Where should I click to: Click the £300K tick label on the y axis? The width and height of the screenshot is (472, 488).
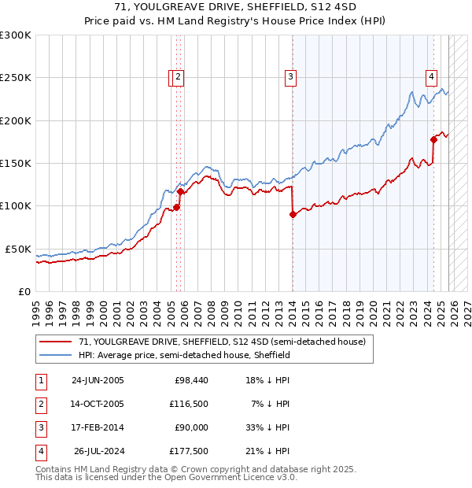16,35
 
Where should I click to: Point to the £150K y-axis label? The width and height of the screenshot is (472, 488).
16,163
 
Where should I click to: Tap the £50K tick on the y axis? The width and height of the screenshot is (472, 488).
18,249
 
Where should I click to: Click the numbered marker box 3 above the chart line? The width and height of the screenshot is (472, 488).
290,77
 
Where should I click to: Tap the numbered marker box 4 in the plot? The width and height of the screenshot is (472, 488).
432,77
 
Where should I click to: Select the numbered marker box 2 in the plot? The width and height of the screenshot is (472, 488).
179,77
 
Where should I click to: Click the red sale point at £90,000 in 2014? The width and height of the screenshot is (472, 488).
293,214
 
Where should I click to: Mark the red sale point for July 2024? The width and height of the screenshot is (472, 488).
433,140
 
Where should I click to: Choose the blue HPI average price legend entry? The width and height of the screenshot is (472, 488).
184,356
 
